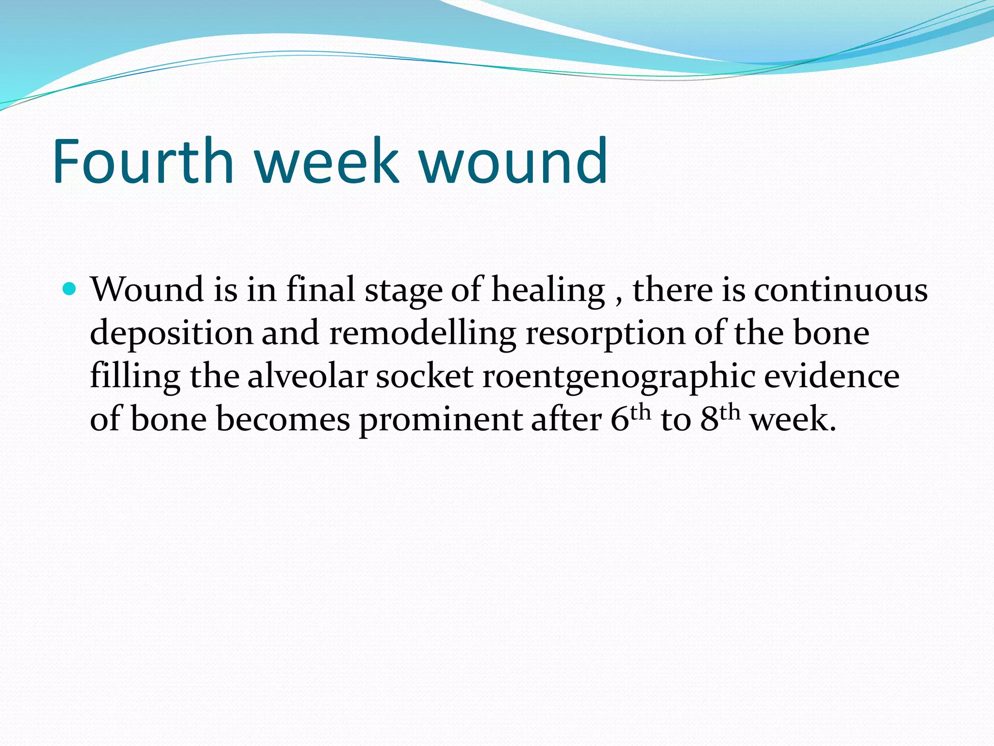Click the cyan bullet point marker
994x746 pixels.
(x=70, y=289)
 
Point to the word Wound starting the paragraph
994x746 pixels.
(x=147, y=290)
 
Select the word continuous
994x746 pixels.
(x=840, y=290)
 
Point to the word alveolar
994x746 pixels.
(x=307, y=377)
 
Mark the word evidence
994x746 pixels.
(x=831, y=377)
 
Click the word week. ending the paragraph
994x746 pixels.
(x=793, y=420)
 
